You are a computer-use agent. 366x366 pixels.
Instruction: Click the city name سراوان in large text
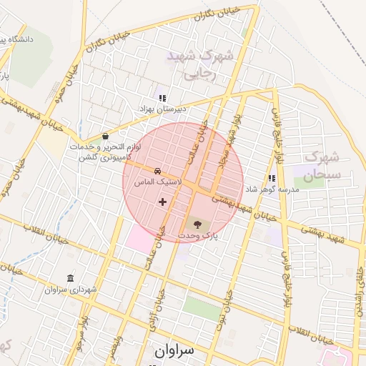174,351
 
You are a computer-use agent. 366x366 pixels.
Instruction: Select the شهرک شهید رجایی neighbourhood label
191,64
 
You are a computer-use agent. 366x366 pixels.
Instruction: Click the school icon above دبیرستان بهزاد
162,98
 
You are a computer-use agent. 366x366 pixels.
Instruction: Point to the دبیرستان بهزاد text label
162,109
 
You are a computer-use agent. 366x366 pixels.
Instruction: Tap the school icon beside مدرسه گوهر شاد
271,178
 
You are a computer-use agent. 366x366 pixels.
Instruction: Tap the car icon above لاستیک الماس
156,172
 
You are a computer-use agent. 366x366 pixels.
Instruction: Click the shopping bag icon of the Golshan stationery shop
106,136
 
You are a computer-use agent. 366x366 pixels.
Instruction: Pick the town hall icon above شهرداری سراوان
70,278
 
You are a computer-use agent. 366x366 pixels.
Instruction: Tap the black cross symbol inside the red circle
162,202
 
